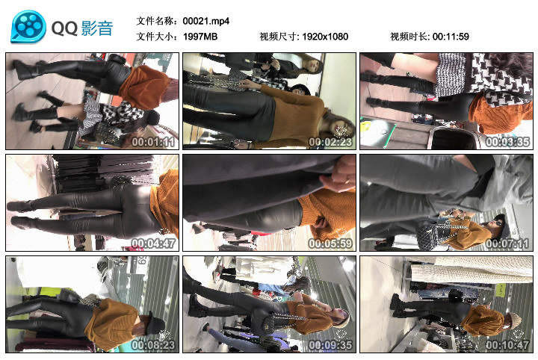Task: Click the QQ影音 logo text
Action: pyautogui.click(x=82, y=28)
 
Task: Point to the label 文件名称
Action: pyautogui.click(x=158, y=21)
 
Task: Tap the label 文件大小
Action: pyautogui.click(x=158, y=37)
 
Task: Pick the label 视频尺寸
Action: pyautogui.click(x=279, y=37)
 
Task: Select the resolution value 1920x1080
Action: pyautogui.click(x=325, y=37)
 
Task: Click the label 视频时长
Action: pyautogui.click(x=410, y=37)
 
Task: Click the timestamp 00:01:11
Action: pyautogui.click(x=153, y=140)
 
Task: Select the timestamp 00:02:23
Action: pyautogui.click(x=330, y=140)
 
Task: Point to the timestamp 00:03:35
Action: pyautogui.click(x=507, y=140)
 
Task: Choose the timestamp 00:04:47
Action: pyautogui.click(x=153, y=242)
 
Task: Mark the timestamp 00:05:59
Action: pyautogui.click(x=330, y=242)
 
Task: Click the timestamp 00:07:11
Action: pyautogui.click(x=507, y=242)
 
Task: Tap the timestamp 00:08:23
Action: pyautogui.click(x=153, y=344)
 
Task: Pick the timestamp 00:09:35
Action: pyautogui.click(x=330, y=344)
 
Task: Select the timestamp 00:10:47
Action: pyautogui.click(x=507, y=344)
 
